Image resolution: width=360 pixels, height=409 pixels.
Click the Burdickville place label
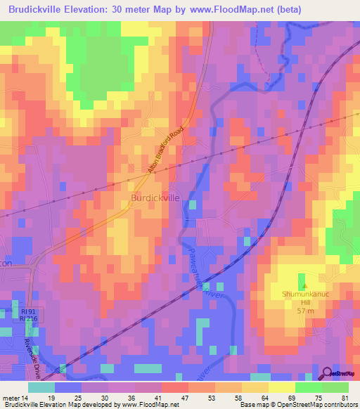(155, 199)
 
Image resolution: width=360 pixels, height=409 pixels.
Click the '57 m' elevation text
(304, 310)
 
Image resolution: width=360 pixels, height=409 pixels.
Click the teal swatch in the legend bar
(41, 387)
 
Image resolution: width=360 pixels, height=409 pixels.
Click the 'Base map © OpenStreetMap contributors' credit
(298, 405)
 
